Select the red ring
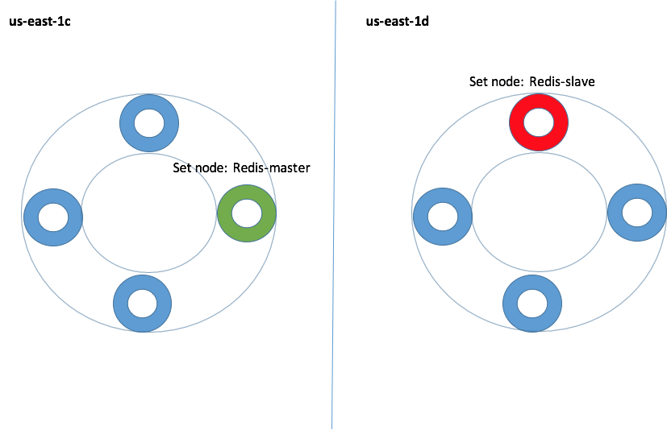[x=523, y=122]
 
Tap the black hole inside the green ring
[x=247, y=213]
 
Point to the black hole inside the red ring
[x=539, y=122]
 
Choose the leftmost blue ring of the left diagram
[x=37, y=217]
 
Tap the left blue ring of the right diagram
[x=427, y=217]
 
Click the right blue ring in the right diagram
[x=621, y=213]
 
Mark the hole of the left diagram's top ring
[x=149, y=123]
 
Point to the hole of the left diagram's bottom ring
[x=143, y=304]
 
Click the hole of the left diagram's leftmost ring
[x=53, y=217]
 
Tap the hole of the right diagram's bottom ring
[x=532, y=304]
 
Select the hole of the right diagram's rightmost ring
[x=637, y=213]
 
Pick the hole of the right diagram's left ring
[x=443, y=217]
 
